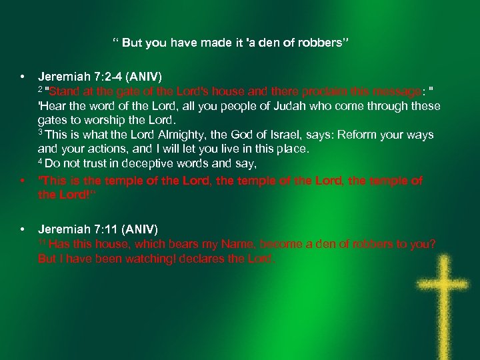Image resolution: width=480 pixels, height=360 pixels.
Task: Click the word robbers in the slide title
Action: (321, 43)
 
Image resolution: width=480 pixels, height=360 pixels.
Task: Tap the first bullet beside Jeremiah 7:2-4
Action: (23, 77)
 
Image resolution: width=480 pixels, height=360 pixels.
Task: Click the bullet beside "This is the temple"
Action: (23, 181)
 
